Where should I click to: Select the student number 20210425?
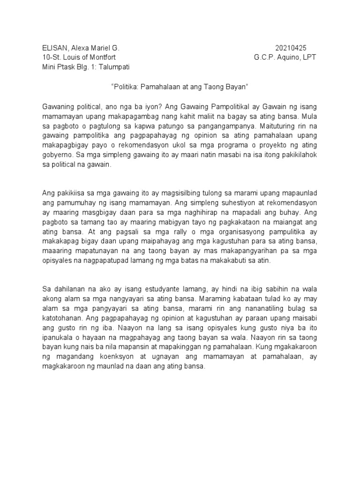tap(290, 48)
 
